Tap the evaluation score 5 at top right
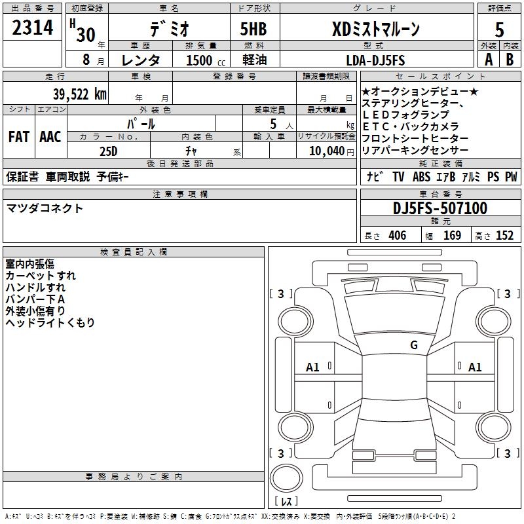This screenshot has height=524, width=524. [x=499, y=29]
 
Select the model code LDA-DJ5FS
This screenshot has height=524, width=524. [x=375, y=60]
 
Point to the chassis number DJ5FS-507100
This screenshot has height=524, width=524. [x=440, y=209]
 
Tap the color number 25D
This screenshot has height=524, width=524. [x=108, y=151]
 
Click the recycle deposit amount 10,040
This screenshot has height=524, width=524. [x=326, y=151]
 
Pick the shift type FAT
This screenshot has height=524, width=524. [x=18, y=137]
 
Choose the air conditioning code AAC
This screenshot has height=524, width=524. [x=50, y=137]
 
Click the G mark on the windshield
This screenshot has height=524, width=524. [x=414, y=345]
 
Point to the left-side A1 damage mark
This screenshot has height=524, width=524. [x=313, y=367]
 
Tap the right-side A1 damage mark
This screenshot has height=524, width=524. [x=475, y=367]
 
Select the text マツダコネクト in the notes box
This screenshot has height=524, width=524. [x=45, y=208]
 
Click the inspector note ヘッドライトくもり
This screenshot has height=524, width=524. [x=50, y=323]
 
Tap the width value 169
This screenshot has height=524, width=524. [x=453, y=236]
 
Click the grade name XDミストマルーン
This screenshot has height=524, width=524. [x=375, y=29]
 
